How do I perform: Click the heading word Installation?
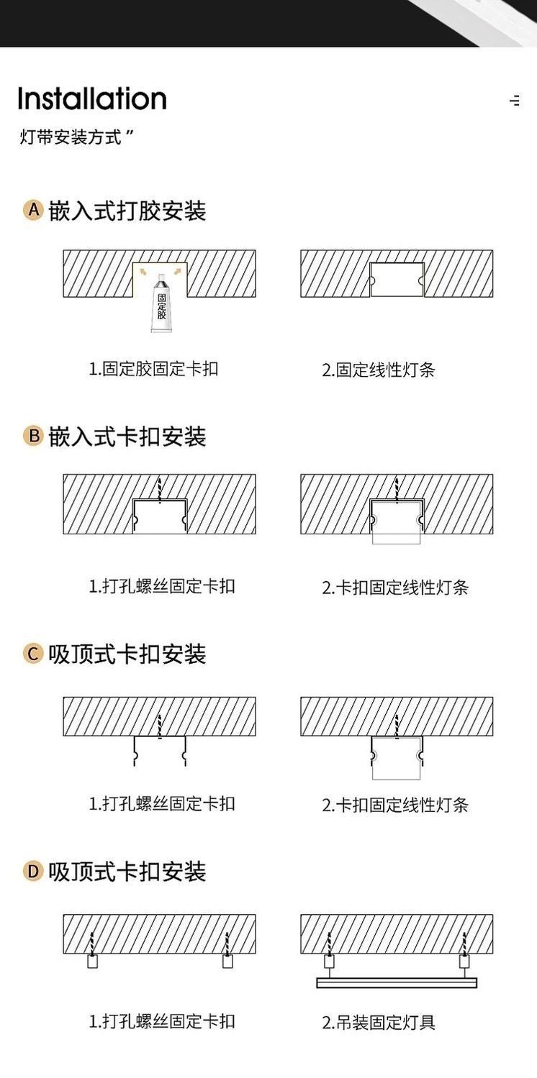[x=92, y=99]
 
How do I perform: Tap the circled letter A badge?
[x=33, y=210]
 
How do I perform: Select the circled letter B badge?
[x=33, y=436]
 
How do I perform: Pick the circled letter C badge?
[x=33, y=654]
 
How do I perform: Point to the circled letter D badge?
[x=33, y=872]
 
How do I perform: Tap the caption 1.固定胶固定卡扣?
[x=153, y=369]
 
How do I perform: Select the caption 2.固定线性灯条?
[x=379, y=370]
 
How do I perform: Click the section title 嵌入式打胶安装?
[x=127, y=211]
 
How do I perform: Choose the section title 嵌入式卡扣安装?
[x=127, y=437]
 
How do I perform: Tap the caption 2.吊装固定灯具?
[x=379, y=1022]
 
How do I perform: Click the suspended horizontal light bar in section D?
[x=397, y=982]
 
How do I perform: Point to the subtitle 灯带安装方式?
[x=71, y=137]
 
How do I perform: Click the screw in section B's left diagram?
[x=160, y=488]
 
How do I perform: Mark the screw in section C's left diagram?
[x=160, y=724]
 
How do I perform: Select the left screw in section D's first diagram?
[x=92, y=943]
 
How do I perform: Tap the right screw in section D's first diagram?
[x=227, y=943]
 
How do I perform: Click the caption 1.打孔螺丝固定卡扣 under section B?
[x=161, y=586]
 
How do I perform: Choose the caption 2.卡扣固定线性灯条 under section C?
[x=394, y=805]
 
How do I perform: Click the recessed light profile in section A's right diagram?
[x=397, y=280]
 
